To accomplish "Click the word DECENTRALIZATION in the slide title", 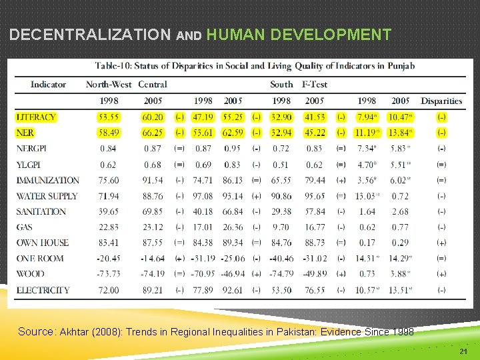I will coord(90,35).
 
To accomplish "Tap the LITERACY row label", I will coord(36,117).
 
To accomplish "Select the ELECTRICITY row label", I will coord(43,290).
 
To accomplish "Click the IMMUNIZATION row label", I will coord(47,180).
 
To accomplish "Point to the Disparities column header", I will coord(441,101).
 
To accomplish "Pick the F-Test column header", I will coord(315,85).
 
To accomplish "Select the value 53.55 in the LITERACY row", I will coord(108,117).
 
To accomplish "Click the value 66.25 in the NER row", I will coord(152,133).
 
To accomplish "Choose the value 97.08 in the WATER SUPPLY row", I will coord(203,196).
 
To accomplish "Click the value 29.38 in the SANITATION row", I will coord(281,211).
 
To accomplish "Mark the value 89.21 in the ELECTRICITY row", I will coord(152,290).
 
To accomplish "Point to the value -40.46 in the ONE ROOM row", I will coord(280,259).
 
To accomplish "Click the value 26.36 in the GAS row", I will coord(233,227).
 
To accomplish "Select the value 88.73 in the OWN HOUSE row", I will coord(314,243).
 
